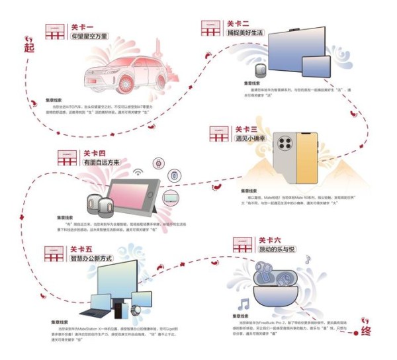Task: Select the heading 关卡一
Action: pos(80,27)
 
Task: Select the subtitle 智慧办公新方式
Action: pos(95,259)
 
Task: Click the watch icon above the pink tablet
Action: pos(159,163)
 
